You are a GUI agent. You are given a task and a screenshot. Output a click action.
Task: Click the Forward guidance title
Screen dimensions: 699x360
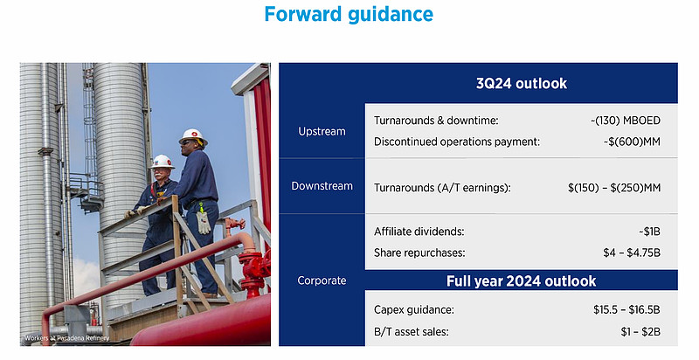click(x=349, y=14)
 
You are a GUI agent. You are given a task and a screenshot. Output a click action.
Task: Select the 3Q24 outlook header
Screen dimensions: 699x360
click(x=522, y=83)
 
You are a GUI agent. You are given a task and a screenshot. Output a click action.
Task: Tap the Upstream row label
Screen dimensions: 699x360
click(x=322, y=131)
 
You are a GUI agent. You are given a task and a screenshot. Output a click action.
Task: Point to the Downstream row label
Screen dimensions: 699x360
click(x=322, y=186)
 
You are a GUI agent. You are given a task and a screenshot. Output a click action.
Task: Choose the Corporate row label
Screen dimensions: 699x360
click(x=322, y=280)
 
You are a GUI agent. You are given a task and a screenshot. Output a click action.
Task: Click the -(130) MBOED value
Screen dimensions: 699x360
click(x=625, y=121)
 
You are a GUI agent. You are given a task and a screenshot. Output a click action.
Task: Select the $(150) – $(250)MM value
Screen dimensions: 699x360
click(x=614, y=188)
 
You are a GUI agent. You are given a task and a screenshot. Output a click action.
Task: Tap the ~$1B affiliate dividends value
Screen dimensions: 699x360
click(x=649, y=232)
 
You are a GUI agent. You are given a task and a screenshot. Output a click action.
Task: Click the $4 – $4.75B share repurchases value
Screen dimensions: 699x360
click(x=632, y=253)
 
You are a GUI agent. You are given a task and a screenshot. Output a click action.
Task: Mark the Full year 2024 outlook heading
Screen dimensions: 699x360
click(x=521, y=281)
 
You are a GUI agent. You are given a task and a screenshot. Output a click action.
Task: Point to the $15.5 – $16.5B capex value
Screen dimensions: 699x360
click(x=626, y=309)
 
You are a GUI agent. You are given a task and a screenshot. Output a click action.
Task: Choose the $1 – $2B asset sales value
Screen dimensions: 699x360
click(x=640, y=332)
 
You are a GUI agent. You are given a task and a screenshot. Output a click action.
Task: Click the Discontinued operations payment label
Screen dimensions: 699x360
click(x=457, y=142)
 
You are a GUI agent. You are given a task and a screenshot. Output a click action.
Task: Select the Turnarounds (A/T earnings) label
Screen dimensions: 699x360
click(x=442, y=188)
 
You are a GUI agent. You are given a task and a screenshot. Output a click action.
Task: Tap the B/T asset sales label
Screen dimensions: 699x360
click(x=412, y=332)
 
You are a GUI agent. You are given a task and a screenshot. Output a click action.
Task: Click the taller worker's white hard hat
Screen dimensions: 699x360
click(x=193, y=136)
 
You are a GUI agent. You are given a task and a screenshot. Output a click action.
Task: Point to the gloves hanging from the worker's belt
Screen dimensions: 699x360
click(x=204, y=221)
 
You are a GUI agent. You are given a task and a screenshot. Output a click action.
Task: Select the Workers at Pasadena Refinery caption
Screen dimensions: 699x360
click(x=67, y=338)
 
